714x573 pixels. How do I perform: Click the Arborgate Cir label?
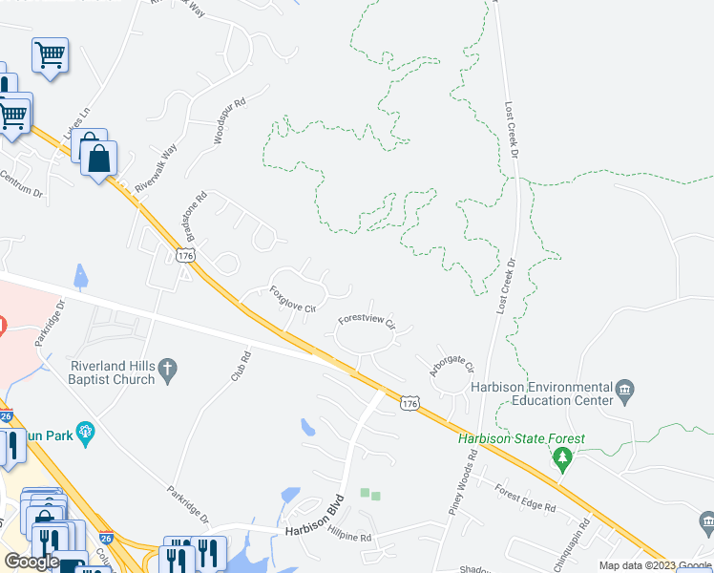(x=451, y=365)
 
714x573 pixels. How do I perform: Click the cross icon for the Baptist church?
(x=168, y=369)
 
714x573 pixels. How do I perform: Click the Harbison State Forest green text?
(x=521, y=439)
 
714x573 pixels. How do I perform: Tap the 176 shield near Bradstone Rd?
(x=186, y=256)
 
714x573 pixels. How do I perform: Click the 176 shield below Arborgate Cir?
(x=409, y=404)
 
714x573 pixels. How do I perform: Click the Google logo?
(x=31, y=562)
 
